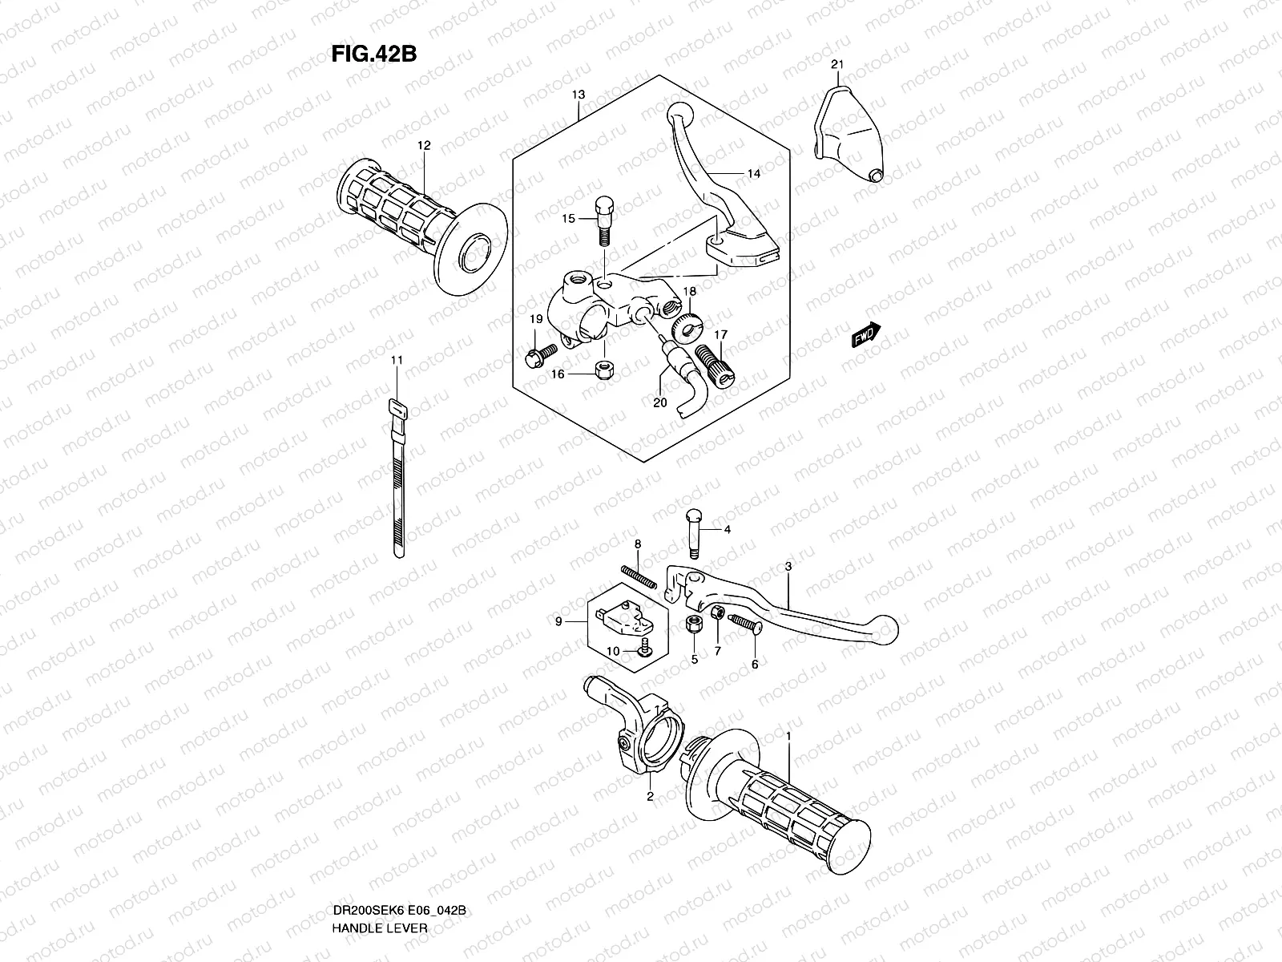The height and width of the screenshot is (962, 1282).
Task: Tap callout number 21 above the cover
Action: pyautogui.click(x=837, y=64)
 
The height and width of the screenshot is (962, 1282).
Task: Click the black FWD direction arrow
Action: pyautogui.click(x=866, y=335)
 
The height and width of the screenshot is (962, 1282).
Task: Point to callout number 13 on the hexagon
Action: pyautogui.click(x=579, y=95)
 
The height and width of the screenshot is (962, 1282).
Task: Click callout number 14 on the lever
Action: pyautogui.click(x=753, y=174)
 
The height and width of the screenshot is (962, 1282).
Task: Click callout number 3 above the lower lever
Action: pyautogui.click(x=788, y=567)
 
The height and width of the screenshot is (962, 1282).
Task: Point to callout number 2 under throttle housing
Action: pyautogui.click(x=650, y=796)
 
